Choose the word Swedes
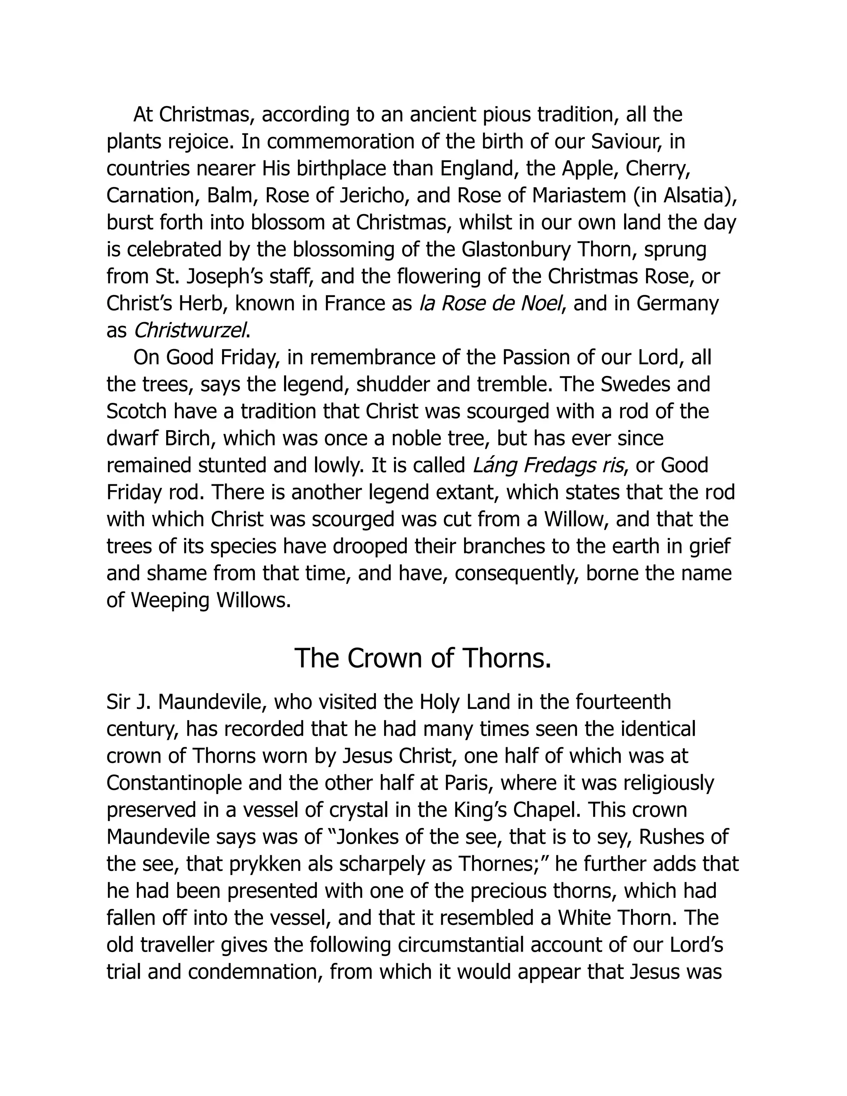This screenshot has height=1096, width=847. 634,384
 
